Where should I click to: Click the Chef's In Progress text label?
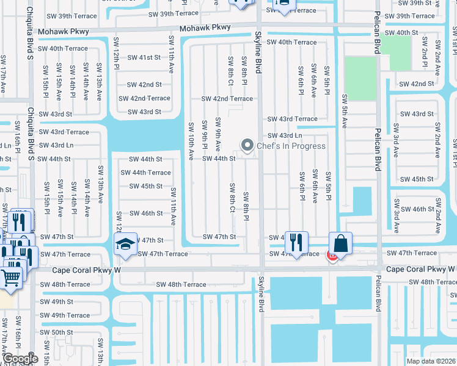(291, 146)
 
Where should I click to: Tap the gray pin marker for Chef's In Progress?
(247, 145)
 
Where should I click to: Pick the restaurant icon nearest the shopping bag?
(296, 242)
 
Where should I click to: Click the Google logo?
(20, 359)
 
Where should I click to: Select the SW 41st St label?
(144, 57)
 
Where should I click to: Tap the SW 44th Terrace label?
(145, 173)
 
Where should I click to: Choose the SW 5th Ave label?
(345, 110)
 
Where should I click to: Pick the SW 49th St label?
(57, 302)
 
